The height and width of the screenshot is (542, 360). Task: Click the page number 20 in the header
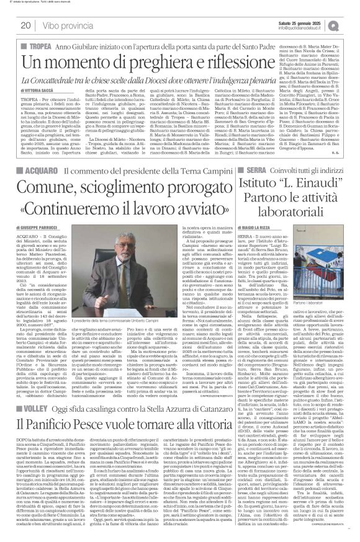[x=25, y=25]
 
